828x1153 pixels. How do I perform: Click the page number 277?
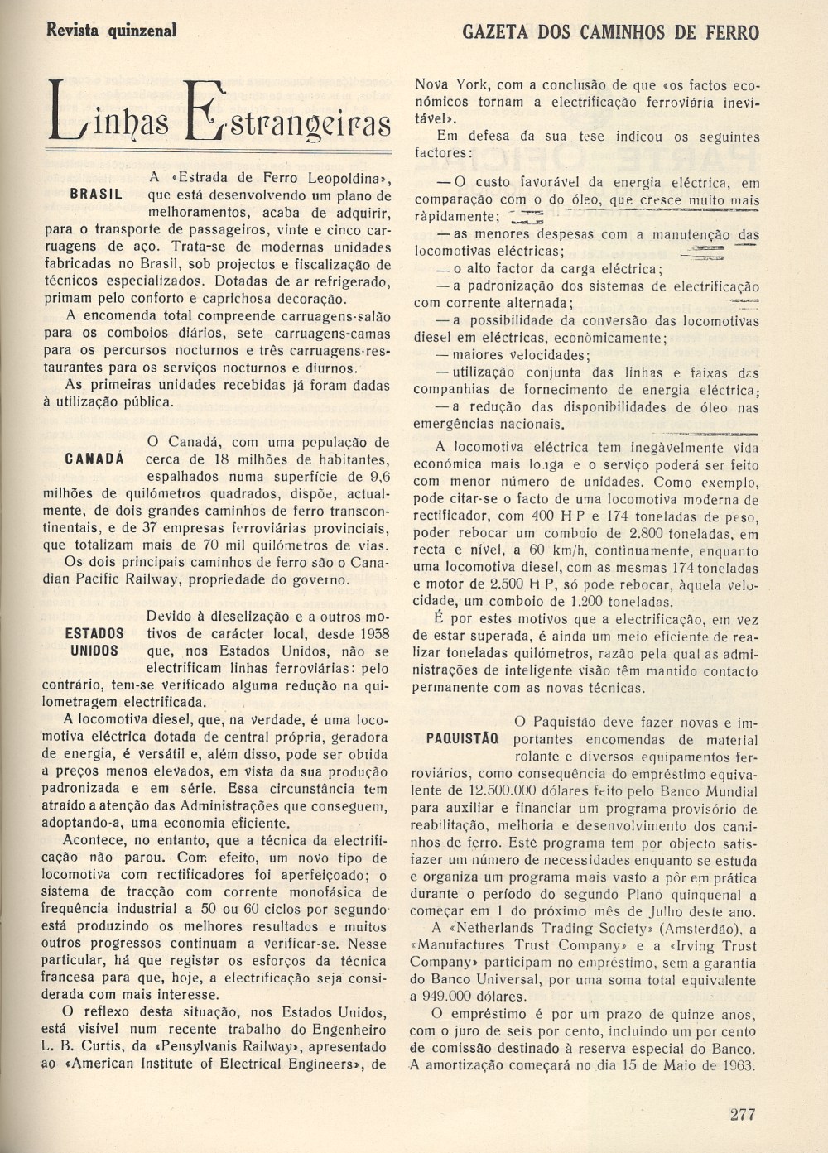click(742, 1113)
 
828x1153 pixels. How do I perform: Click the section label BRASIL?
click(96, 195)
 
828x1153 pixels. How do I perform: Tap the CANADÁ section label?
click(94, 459)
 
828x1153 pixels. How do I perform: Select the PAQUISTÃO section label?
click(462, 739)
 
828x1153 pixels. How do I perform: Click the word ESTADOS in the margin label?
click(94, 634)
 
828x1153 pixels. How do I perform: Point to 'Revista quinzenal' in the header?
click(112, 31)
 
